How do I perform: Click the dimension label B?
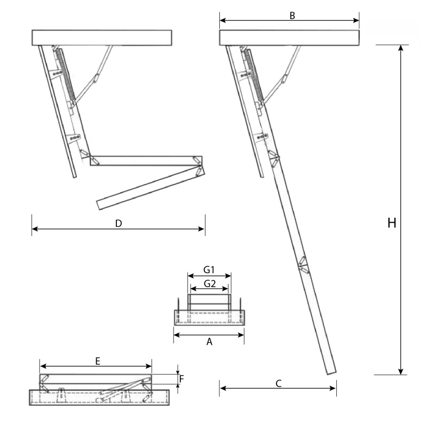[292, 15]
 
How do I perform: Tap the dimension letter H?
[391, 223]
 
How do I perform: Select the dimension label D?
[118, 223]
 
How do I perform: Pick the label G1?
[209, 269]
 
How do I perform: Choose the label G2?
[209, 284]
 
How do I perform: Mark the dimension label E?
[98, 361]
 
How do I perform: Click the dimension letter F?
[181, 379]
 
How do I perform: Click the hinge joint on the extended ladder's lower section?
[303, 265]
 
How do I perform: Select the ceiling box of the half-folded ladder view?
[102, 37]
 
